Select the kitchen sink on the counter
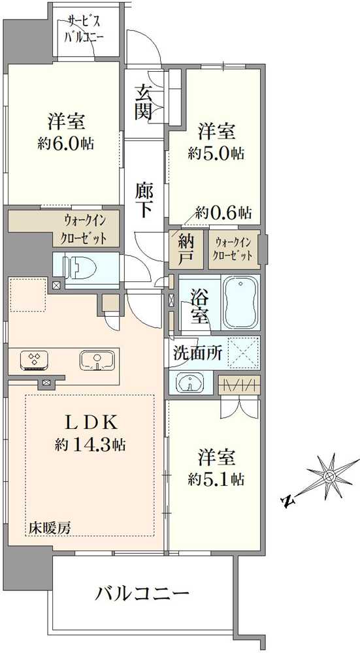(97, 359)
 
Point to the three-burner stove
(35, 360)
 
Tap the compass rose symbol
(329, 475)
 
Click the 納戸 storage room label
(185, 249)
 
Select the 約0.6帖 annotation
(223, 213)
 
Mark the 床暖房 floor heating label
(50, 528)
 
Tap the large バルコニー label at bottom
(142, 593)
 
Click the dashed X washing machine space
(244, 353)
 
